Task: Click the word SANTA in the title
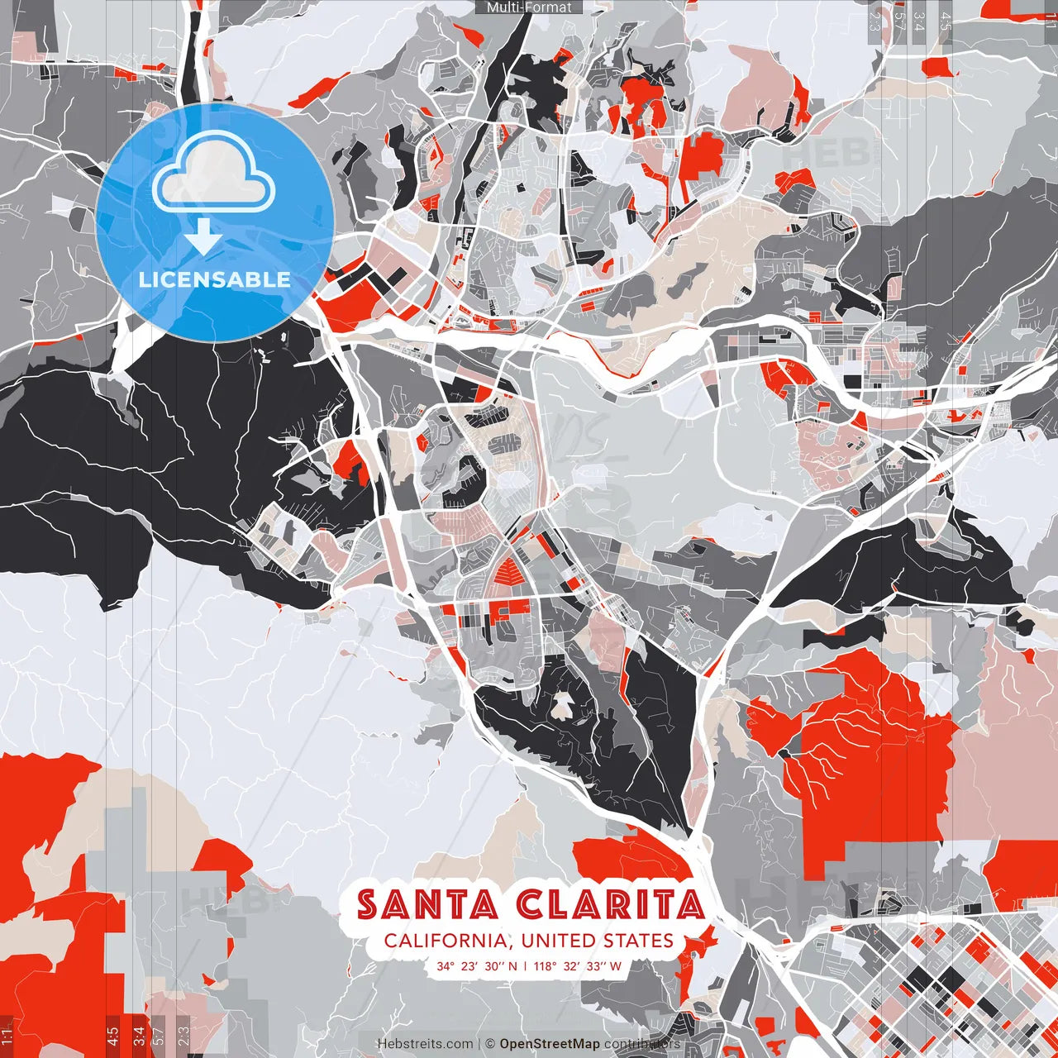tap(427, 905)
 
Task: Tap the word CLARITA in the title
tap(610, 905)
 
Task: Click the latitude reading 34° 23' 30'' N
tap(477, 965)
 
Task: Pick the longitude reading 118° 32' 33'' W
tap(577, 965)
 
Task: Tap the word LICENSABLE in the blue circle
tap(215, 279)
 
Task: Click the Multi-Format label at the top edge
tap(529, 7)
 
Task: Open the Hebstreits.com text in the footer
tap(426, 1044)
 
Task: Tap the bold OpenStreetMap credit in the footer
tap(550, 1044)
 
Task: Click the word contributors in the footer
tap(642, 1044)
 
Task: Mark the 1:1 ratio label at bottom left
tap(7, 1036)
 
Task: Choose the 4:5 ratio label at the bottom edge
tap(112, 1036)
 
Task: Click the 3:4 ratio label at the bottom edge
tap(139, 1036)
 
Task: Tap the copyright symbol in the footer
tap(490, 1044)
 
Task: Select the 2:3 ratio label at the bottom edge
tap(183, 1036)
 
